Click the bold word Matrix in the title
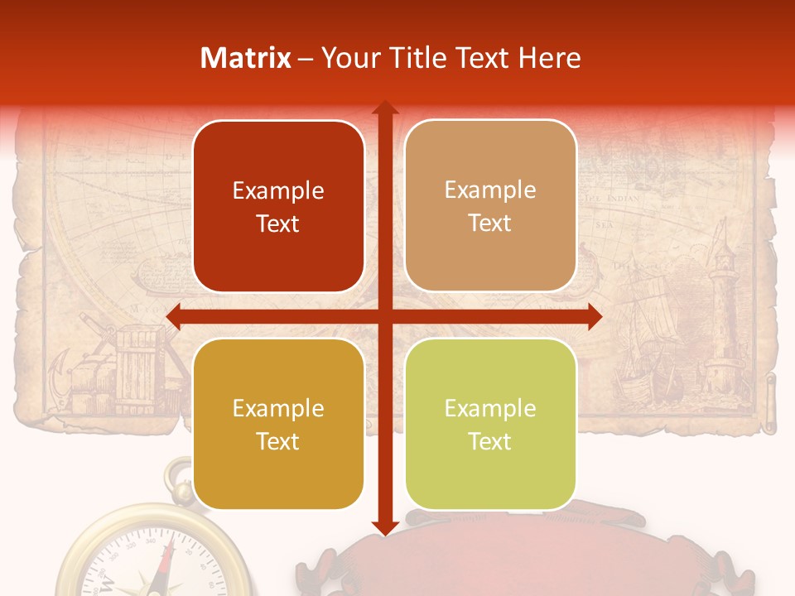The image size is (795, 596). click(245, 58)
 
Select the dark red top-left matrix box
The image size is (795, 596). click(278, 207)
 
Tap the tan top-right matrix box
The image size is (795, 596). click(490, 206)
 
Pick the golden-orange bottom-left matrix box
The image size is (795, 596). click(278, 424)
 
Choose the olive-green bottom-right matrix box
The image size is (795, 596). click(490, 424)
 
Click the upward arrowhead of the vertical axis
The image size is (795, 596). click(384, 108)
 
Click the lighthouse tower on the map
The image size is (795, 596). click(722, 315)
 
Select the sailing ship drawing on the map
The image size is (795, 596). click(642, 339)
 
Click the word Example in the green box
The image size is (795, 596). click(490, 408)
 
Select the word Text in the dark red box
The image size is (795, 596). click(278, 224)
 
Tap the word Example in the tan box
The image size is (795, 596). click(490, 190)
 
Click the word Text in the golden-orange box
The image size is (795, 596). click(278, 441)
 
